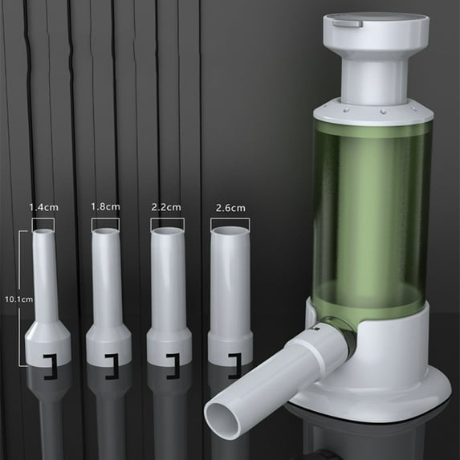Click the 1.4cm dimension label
tap(43, 207)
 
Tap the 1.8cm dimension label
tap(105, 207)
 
